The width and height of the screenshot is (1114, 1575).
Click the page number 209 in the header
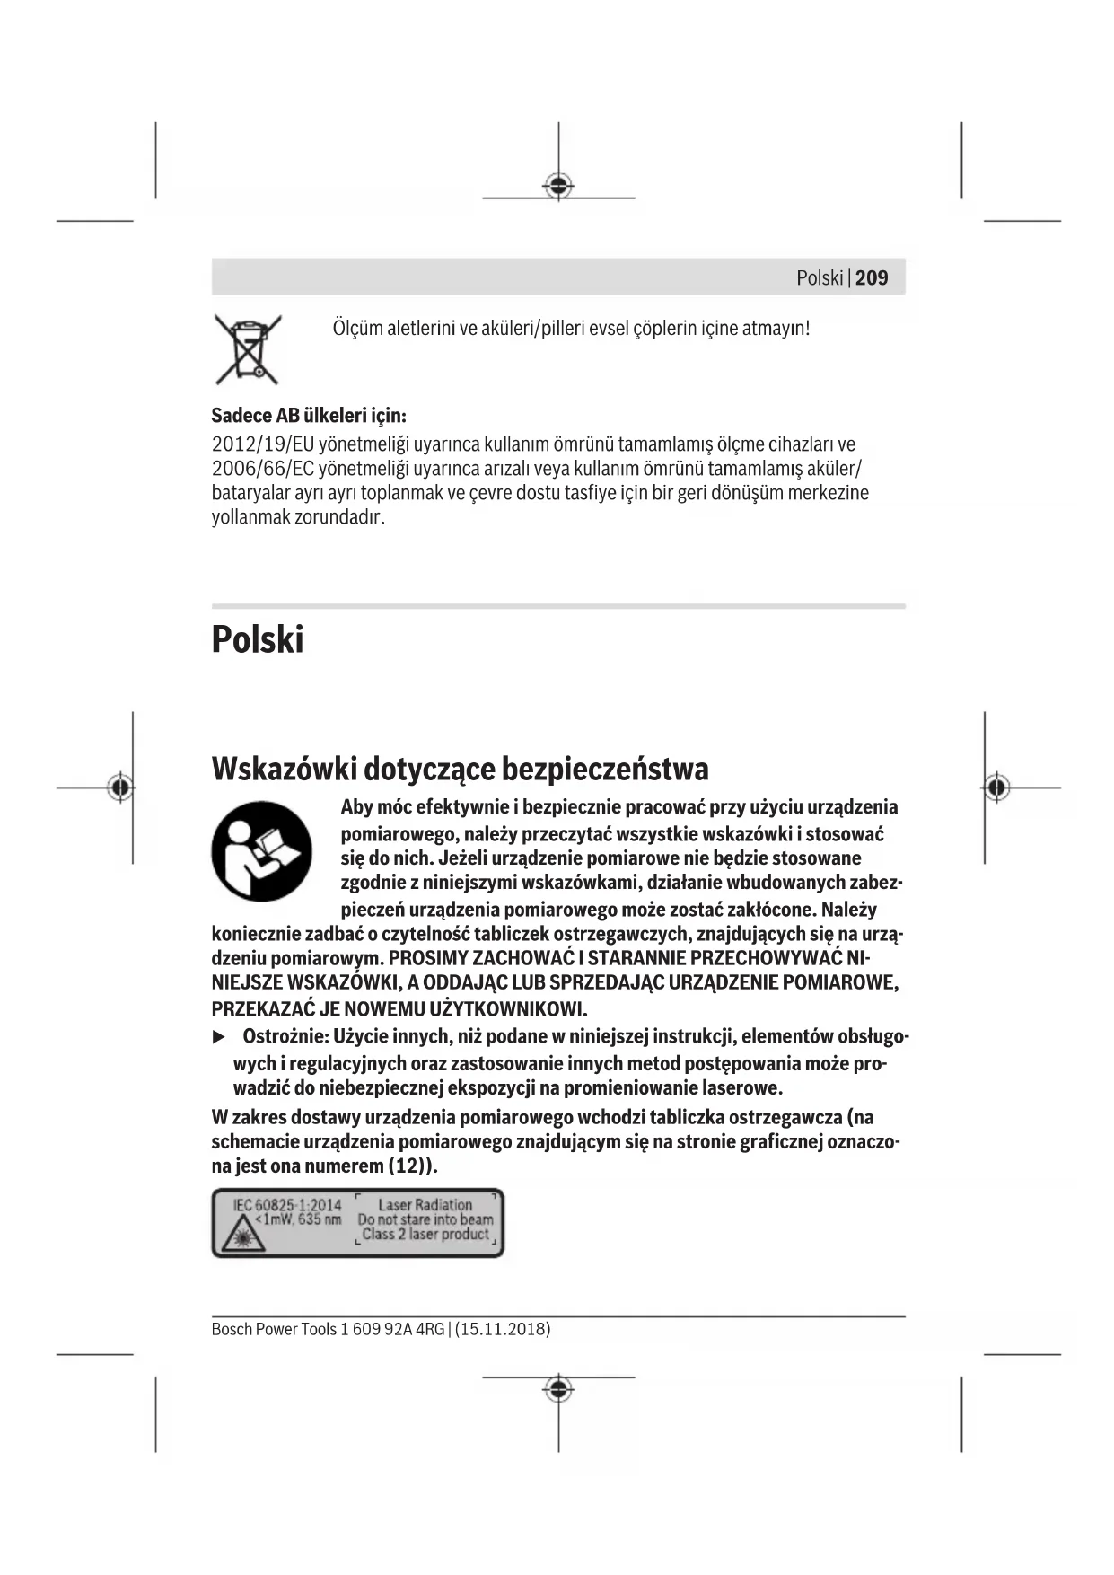[x=872, y=277]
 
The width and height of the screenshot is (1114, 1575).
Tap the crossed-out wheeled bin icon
[x=248, y=348]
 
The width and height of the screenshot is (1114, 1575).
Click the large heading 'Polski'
[x=258, y=639]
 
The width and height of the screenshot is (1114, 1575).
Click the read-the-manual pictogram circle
[x=261, y=851]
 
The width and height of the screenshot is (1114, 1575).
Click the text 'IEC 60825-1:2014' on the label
[x=287, y=1204]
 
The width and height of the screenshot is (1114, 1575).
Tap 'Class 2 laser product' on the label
[x=425, y=1235]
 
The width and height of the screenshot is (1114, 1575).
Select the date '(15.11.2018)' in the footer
[x=503, y=1329]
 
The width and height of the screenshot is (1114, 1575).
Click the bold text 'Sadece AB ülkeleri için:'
[x=309, y=416]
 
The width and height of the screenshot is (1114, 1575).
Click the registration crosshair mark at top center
[x=558, y=186]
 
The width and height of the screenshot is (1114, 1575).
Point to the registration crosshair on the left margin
[x=120, y=787]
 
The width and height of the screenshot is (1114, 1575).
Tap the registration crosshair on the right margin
[x=996, y=787]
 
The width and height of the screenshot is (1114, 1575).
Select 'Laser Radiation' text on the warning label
[x=425, y=1204]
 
